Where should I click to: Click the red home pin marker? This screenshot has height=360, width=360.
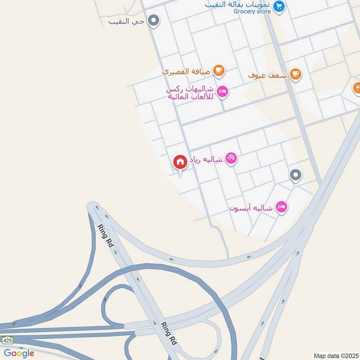pos(180,162)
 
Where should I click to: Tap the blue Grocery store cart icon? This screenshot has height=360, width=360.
pos(279,6)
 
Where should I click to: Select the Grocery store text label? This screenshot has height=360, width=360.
pos(252,11)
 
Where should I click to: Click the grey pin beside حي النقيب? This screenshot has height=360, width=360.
pos(154,20)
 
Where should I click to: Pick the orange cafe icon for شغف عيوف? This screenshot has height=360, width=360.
pos(295,74)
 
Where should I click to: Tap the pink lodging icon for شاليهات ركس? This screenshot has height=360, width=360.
pos(222,92)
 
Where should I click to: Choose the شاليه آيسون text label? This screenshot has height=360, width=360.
pos(251,208)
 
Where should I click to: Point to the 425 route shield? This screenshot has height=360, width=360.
pos(7,340)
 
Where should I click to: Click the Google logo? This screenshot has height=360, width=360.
pos(19,353)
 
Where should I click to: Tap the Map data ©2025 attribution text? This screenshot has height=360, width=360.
pos(336,355)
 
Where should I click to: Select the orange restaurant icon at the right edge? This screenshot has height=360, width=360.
pos(357,87)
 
